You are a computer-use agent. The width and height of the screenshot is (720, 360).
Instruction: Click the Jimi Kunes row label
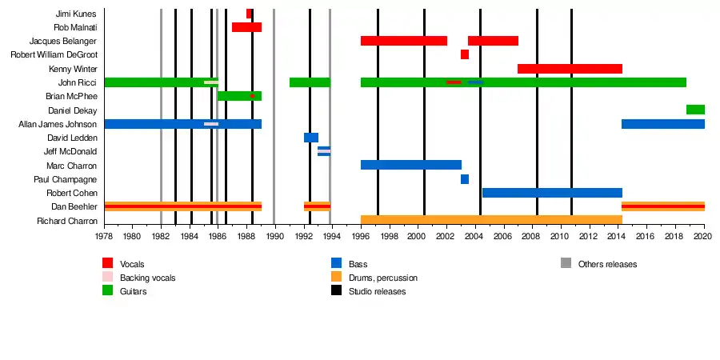tap(76, 14)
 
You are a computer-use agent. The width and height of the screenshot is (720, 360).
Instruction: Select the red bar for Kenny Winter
tap(570, 69)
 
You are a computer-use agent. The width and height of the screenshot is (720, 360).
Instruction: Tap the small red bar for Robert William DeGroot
tap(465, 54)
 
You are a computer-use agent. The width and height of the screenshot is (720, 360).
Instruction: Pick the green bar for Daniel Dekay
tap(695, 110)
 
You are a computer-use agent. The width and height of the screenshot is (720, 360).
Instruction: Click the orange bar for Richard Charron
tap(491, 220)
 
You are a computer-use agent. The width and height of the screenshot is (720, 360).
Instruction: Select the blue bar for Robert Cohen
tap(552, 193)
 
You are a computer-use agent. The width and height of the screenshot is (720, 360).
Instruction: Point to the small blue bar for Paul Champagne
tap(465, 179)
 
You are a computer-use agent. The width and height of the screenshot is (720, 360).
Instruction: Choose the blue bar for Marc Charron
tap(411, 165)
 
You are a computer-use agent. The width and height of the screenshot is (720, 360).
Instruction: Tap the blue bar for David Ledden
tap(311, 138)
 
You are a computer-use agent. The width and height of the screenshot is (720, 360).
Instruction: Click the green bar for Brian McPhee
tap(239, 96)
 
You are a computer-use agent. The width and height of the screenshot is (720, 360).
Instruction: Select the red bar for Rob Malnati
tap(246, 27)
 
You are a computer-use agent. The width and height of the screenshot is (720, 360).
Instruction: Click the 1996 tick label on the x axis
tap(361, 236)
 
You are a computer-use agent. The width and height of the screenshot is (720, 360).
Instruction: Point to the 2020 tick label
tap(704, 236)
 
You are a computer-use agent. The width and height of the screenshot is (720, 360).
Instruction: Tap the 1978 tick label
tap(104, 236)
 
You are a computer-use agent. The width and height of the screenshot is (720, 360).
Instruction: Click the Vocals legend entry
tap(132, 264)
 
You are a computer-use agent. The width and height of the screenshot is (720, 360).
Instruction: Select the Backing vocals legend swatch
tap(108, 278)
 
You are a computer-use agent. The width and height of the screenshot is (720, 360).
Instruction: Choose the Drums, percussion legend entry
tap(382, 278)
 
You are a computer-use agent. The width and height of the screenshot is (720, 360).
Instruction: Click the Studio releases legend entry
tap(377, 291)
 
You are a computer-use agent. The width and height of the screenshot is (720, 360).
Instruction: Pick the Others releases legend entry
tap(607, 264)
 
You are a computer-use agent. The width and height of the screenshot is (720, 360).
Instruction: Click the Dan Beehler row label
tap(74, 206)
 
